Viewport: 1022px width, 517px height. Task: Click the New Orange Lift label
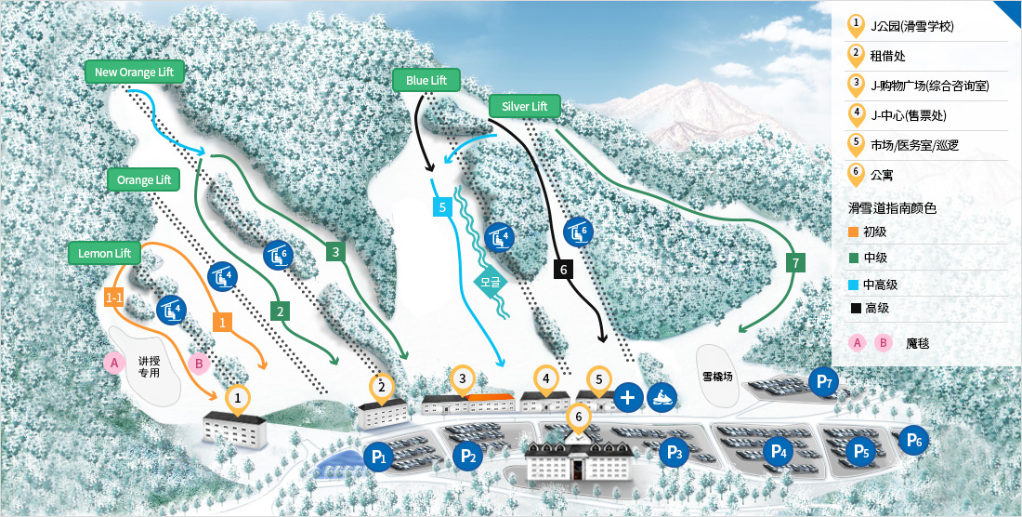click(135, 73)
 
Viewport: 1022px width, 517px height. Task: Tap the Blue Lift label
click(426, 81)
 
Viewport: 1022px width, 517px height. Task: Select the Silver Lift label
click(525, 106)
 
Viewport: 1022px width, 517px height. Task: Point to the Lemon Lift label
click(103, 253)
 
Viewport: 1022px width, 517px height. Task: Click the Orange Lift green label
click(143, 179)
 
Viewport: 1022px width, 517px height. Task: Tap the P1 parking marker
click(378, 456)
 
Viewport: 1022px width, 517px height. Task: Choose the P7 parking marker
click(823, 381)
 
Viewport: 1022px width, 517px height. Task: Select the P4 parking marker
click(779, 452)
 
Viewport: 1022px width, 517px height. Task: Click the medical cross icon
click(628, 397)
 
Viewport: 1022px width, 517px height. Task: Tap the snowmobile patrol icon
click(662, 397)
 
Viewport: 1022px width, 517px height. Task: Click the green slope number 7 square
click(793, 263)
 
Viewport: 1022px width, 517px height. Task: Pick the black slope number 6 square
click(560, 270)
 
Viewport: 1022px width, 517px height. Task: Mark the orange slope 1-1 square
click(114, 298)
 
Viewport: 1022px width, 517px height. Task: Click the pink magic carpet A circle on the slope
click(114, 362)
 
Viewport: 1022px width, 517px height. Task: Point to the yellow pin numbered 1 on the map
click(239, 398)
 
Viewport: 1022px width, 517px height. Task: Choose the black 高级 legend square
click(855, 308)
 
